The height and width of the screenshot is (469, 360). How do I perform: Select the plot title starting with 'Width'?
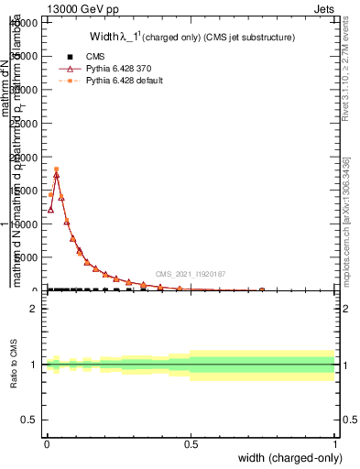pos(191,37)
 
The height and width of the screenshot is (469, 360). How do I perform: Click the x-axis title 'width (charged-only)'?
pos(286,458)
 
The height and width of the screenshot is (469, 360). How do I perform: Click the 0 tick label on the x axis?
pos(47,444)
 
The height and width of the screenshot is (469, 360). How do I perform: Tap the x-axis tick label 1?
pos(335,444)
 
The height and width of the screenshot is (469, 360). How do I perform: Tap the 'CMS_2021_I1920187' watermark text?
pos(191,273)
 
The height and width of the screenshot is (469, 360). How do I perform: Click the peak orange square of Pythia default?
pos(56,169)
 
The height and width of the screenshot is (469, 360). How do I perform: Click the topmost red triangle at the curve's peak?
pos(56,174)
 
